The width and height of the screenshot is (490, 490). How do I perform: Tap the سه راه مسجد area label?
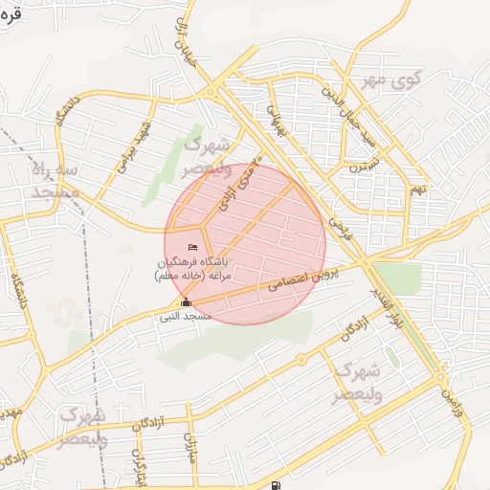pos(56,181)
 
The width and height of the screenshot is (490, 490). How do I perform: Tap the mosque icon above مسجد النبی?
pos(186,303)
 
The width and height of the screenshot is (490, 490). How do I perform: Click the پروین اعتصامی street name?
pos(300,281)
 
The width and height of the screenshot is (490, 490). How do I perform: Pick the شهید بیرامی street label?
pos(134,148)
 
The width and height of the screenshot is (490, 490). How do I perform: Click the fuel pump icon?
pos(277,484)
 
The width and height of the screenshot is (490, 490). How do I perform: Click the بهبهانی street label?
pos(275,119)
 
